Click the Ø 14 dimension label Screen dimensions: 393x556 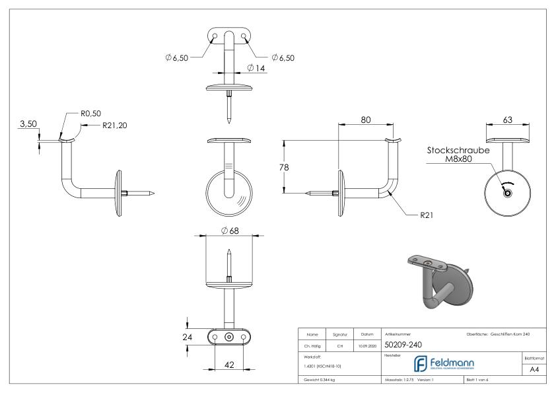[x=256, y=68]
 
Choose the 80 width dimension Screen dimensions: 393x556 [x=365, y=120]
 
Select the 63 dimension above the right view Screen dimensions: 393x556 [x=509, y=120]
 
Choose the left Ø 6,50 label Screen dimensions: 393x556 [x=176, y=57]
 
